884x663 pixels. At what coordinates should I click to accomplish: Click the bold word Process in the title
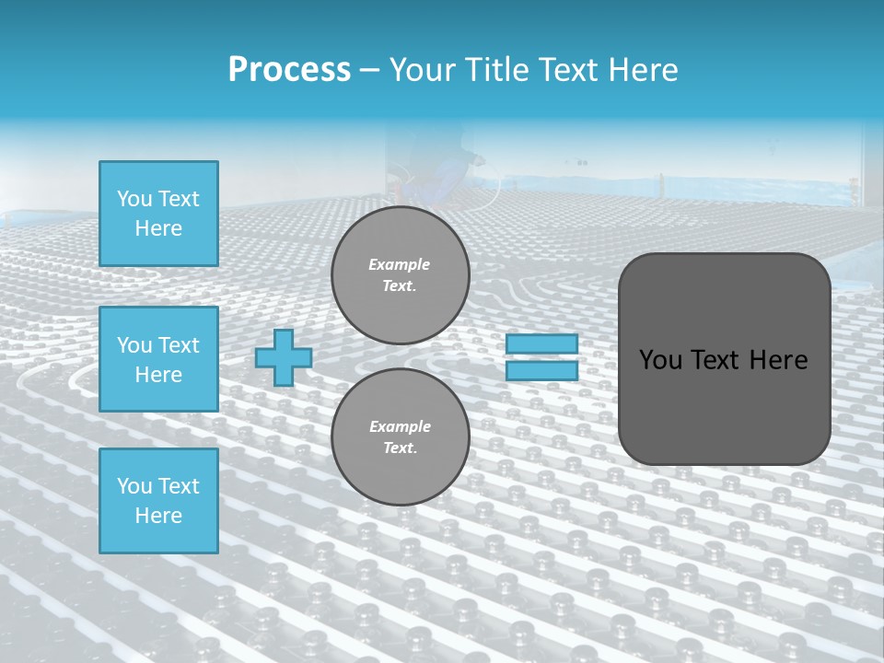click(289, 70)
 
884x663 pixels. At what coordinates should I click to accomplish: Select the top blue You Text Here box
click(158, 214)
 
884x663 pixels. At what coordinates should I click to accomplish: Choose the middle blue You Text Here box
click(158, 359)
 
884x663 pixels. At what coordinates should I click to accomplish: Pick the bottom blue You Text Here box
click(158, 501)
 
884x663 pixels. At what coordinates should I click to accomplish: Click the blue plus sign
click(283, 357)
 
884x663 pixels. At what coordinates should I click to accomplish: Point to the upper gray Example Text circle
click(400, 275)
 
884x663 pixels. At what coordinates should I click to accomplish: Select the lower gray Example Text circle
click(400, 437)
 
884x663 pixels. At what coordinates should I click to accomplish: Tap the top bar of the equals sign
click(541, 344)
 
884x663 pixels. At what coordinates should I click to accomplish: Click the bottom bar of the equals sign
click(541, 370)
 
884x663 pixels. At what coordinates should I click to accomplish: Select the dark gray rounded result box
click(724, 359)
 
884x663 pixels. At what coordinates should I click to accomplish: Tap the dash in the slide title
click(369, 70)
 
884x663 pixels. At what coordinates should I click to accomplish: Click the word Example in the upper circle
click(400, 264)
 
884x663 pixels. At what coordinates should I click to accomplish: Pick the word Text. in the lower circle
click(400, 448)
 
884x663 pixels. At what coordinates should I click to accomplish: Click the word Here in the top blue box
click(158, 228)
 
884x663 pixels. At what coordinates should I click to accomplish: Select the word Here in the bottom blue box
click(158, 516)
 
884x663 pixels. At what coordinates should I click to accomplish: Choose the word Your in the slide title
click(420, 70)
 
